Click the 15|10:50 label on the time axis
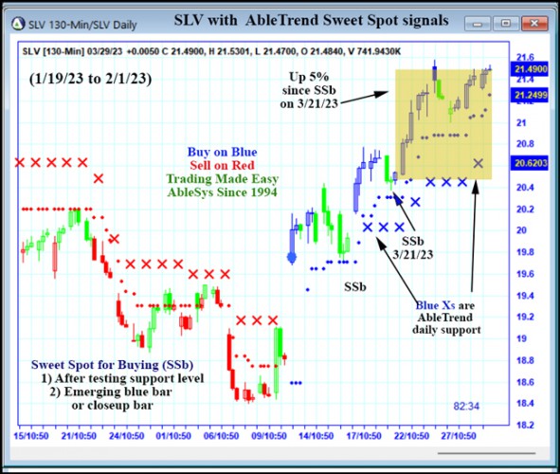(32, 437)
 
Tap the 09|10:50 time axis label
(269, 437)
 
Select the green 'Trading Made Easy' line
(222, 178)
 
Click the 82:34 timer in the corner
(467, 407)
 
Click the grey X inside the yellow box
(479, 163)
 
